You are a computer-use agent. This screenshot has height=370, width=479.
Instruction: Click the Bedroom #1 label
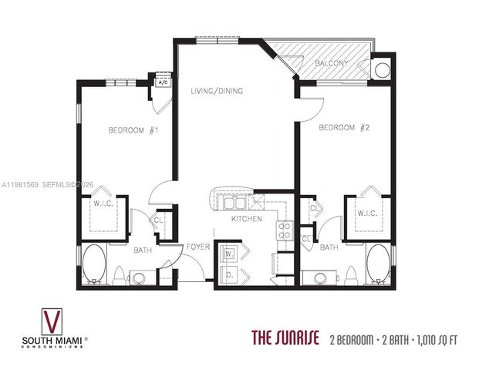coord(133,130)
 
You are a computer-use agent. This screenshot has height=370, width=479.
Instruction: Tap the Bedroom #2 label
coord(345,127)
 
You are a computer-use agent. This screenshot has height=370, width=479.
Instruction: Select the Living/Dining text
coord(217,91)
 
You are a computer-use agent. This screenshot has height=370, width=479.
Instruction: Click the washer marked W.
coord(230,254)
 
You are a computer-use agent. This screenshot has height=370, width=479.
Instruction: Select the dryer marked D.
coord(230,273)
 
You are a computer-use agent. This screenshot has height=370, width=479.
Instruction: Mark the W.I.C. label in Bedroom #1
coord(105,204)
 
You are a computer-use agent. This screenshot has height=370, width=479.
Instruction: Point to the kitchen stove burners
coord(284,229)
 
